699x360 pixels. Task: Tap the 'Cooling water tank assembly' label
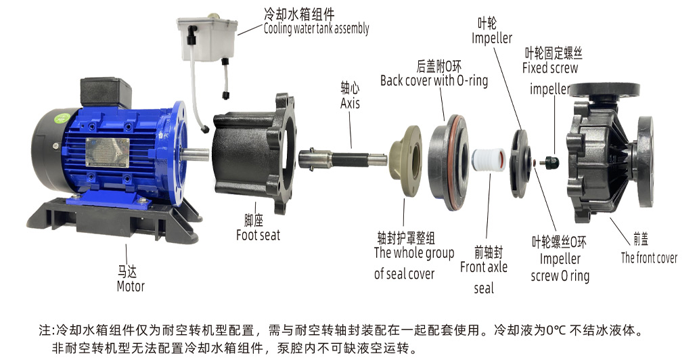[317, 28]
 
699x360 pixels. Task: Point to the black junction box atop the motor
[106, 93]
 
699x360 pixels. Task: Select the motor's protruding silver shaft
[195, 154]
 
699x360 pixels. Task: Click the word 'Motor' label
[131, 286]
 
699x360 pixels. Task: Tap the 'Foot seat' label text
[258, 235]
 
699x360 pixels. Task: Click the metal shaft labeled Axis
[343, 159]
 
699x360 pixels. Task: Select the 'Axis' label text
[350, 104]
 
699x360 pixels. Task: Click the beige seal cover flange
[405, 159]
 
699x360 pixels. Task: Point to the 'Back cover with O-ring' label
[434, 81]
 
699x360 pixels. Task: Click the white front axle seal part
[488, 160]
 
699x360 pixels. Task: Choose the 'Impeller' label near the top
[492, 39]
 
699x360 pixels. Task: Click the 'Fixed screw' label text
[550, 68]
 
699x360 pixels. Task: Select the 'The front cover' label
[649, 258]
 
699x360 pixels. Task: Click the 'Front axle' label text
[484, 267]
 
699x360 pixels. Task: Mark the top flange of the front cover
[605, 91]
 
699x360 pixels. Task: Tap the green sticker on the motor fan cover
[62, 118]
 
